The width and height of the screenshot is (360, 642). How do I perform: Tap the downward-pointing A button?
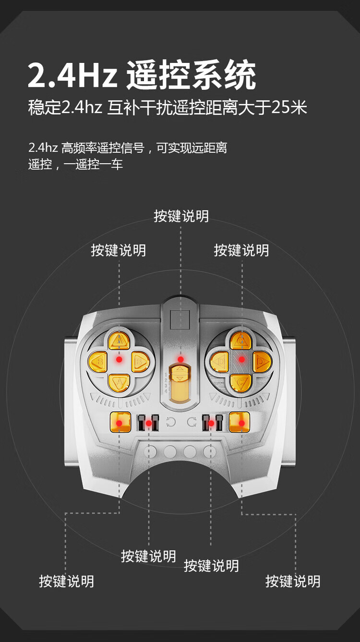(119, 382)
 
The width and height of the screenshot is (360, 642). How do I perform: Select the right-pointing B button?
(140, 361)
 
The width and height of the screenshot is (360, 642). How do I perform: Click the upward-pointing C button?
(241, 340)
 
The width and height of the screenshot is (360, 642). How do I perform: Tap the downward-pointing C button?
(241, 382)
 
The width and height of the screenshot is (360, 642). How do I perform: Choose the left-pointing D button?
(220, 361)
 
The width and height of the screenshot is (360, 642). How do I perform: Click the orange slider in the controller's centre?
(180, 384)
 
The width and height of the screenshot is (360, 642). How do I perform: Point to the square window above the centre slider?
(180, 320)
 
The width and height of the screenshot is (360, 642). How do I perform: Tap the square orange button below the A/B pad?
(120, 423)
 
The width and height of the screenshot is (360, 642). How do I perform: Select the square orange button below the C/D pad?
(240, 423)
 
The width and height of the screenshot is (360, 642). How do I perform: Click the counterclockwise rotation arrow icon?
(170, 423)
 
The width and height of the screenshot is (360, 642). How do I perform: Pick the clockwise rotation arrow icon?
(192, 423)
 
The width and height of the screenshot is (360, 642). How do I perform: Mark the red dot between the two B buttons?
(119, 359)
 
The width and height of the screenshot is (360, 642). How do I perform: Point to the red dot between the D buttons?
(241, 359)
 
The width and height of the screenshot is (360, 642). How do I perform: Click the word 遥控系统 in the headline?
(191, 75)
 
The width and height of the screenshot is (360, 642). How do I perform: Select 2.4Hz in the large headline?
(72, 76)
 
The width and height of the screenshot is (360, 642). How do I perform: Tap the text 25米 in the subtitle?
(289, 107)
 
